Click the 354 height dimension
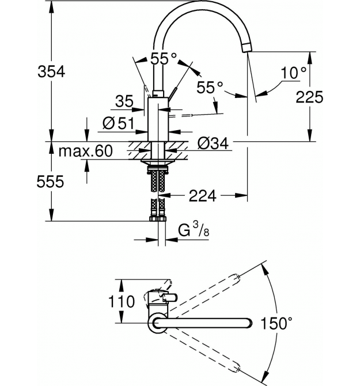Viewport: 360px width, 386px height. (51, 72)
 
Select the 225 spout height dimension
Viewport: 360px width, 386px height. (309, 97)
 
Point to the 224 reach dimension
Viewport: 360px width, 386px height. (203, 196)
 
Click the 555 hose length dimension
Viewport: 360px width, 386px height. (50, 182)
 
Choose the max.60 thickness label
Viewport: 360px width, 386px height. (85, 151)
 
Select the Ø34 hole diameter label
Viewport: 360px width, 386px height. (213, 143)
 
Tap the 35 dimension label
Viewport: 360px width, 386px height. (124, 101)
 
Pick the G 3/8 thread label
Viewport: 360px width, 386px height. (194, 229)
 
